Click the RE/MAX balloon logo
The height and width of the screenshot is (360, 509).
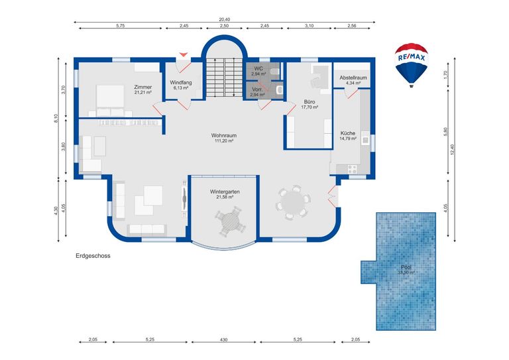410,64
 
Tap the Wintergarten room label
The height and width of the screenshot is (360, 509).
225,192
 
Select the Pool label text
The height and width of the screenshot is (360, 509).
406,267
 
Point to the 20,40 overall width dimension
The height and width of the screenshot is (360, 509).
225,20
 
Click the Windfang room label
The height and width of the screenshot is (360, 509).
182,82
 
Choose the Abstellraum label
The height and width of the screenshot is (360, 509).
353,78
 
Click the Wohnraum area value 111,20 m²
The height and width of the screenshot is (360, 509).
225,141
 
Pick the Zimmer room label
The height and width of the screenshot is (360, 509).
143,87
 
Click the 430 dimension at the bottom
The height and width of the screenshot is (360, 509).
224,339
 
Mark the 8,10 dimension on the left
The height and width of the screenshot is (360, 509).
57,118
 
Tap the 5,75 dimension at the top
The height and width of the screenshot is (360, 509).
120,25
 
